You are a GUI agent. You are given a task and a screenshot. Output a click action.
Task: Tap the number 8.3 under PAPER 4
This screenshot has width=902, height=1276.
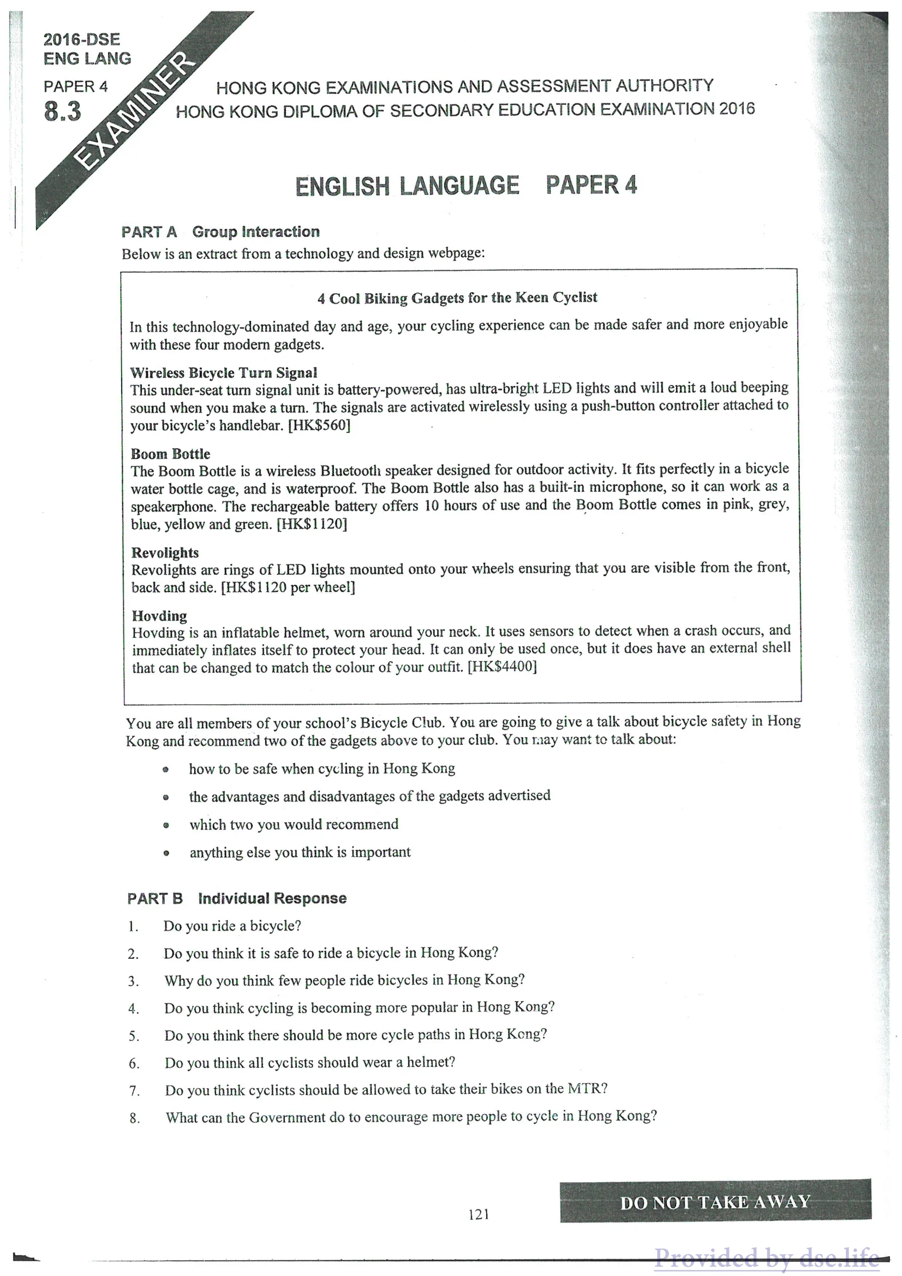point(63,112)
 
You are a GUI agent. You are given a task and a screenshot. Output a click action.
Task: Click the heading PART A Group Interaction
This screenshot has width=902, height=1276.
point(220,232)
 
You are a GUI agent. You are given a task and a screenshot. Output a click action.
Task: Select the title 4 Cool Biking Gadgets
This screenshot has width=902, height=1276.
point(457,298)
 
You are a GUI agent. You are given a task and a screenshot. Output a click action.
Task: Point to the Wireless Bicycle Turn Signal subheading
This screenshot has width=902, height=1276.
point(223,372)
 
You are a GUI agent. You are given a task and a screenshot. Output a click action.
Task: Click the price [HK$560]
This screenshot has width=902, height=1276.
point(319,426)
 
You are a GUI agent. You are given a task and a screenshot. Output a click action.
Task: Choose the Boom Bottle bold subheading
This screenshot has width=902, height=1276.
point(170,454)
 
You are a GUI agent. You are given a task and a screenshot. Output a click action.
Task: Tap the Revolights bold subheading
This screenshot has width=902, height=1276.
point(165,553)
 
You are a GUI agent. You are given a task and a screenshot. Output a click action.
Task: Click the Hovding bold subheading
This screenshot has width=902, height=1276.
point(159,616)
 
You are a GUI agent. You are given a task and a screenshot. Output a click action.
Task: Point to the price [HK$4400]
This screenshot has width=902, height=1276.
point(502,666)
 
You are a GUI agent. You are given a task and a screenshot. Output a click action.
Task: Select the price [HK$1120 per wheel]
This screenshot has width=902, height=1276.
point(288,587)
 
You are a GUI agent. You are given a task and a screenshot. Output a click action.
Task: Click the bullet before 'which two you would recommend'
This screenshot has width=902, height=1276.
point(166,826)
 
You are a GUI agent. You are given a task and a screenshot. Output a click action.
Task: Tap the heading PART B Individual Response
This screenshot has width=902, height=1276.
point(237,899)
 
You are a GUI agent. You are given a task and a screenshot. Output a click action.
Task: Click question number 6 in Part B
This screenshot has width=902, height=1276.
point(134,1064)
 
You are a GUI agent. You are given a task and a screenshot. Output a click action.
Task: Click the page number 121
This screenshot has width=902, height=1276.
point(478,1214)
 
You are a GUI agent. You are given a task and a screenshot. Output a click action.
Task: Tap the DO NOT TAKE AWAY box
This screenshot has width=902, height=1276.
point(715,1202)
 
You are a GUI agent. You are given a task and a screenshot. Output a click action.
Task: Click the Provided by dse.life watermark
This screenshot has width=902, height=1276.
point(767,1257)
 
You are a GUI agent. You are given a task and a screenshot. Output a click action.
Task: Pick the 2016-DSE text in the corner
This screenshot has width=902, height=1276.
point(82,40)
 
